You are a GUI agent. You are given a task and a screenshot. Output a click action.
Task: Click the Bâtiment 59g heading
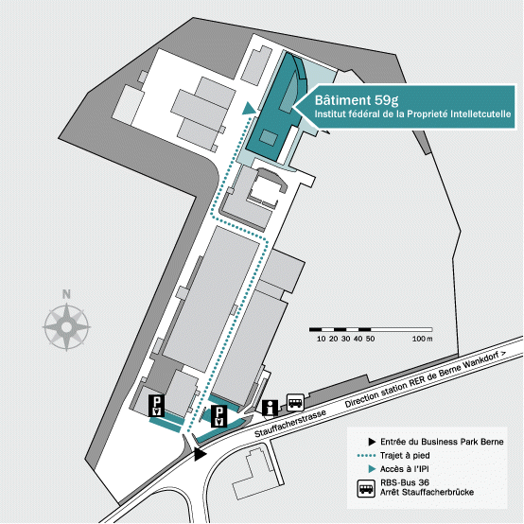pos(357,100)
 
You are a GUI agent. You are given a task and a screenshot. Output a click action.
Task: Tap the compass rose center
pos(66,327)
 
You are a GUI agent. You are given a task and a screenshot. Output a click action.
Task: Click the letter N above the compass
pos(66,294)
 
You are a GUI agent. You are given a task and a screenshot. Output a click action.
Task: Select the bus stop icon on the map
pos(295,402)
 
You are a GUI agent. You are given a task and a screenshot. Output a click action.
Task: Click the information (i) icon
pos(270,408)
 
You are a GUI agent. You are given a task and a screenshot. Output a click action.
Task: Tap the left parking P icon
pos(157,406)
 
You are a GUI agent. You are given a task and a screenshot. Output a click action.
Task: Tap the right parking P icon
pos(218,416)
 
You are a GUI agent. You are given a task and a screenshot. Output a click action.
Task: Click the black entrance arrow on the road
pos(201,454)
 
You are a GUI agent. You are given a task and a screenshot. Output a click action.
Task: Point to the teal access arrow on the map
pos(249,109)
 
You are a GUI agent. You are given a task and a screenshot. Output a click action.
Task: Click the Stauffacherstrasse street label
pos(290,424)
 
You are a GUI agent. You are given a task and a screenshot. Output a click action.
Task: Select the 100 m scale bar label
pos(422,339)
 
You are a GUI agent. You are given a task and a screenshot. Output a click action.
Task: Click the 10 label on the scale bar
pos(321,339)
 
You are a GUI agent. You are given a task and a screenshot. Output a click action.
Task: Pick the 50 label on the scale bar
pos(370,339)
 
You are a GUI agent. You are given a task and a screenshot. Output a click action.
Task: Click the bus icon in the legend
pos(366,489)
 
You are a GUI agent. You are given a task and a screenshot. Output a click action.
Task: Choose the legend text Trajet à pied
pos(405,456)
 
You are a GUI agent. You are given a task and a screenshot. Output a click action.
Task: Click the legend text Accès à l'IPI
pos(405,469)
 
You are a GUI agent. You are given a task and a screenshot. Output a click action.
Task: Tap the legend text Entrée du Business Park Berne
pos(442,442)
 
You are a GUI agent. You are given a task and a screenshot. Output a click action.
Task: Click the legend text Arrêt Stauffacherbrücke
pos(427,492)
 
